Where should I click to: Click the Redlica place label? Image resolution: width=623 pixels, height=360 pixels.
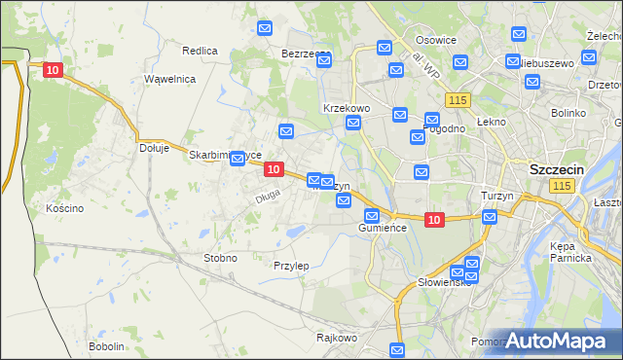point(200,50)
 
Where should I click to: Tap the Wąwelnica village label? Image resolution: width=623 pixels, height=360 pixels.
point(170,79)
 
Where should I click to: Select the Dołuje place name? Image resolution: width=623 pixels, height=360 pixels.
point(155,149)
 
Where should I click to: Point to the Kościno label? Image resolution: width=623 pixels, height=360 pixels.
point(64,208)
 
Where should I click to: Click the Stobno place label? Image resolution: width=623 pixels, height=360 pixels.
point(220,258)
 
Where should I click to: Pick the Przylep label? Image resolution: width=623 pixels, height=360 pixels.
point(291,266)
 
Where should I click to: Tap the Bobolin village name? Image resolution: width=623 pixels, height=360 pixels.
point(106,346)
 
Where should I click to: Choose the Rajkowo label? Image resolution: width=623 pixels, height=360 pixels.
point(337,339)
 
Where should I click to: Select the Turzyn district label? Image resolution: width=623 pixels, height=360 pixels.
point(497,196)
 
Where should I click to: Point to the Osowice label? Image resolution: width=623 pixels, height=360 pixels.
point(436,40)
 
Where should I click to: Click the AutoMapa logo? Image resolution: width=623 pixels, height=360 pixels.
point(562,341)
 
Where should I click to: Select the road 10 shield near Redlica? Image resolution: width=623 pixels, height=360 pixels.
point(53,70)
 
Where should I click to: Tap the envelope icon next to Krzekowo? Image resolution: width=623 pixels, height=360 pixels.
point(353,123)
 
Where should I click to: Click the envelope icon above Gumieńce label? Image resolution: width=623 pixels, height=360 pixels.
point(371,216)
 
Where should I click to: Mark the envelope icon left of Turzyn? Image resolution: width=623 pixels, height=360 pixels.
point(489,216)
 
